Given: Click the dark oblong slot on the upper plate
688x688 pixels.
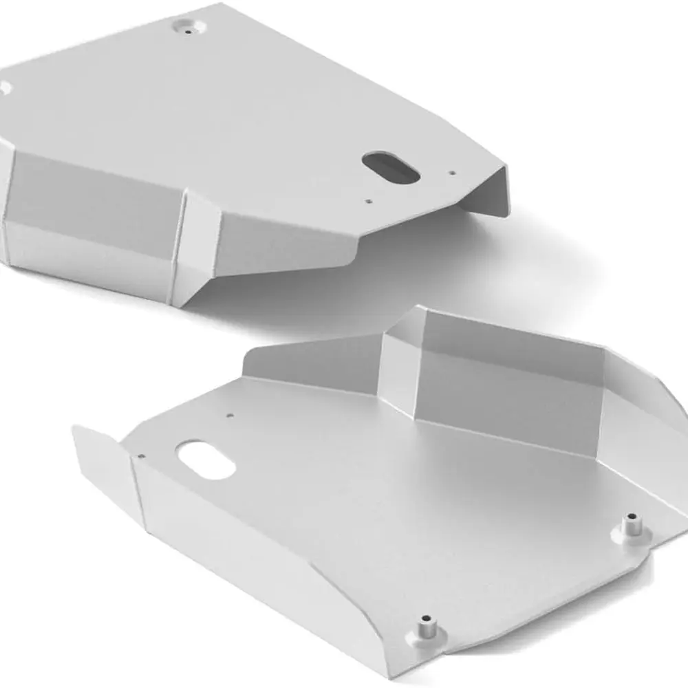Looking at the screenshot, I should [391, 167].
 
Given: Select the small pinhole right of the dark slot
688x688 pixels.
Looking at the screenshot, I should [451, 173].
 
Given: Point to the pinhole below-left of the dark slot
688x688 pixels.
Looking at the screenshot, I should [369, 202].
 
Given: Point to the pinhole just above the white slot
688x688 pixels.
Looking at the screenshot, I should [229, 415].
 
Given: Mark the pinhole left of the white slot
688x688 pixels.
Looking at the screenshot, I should [140, 455].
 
